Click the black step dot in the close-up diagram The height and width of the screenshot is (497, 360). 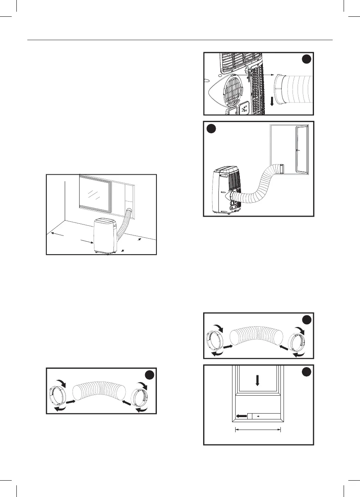point(307,59)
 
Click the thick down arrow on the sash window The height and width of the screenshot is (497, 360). point(257,380)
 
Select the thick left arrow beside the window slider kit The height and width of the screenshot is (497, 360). point(242,416)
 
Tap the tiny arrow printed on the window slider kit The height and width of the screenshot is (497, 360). point(258,416)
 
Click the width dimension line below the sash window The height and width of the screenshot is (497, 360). point(257,430)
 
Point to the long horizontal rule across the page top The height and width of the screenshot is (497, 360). point(180,40)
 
